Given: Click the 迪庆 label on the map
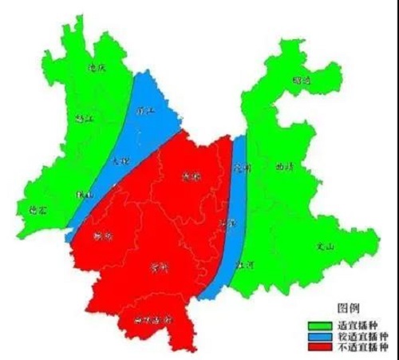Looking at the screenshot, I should [97, 69].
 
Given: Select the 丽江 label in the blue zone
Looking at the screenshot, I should [145, 110].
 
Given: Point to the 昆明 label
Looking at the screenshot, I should [243, 169].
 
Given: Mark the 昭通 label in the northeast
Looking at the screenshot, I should [302, 81].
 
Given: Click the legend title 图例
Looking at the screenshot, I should [349, 309].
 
